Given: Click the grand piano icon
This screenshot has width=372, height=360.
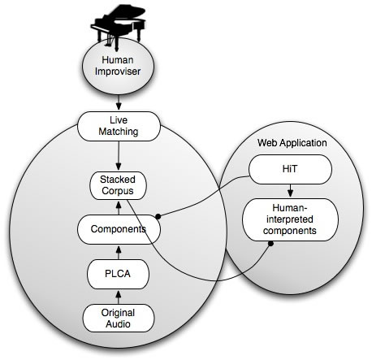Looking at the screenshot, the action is pos(119,27).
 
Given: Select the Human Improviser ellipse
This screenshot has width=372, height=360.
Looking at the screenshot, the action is pos(118,66).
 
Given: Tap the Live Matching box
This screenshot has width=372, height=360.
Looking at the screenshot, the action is pos(119,126).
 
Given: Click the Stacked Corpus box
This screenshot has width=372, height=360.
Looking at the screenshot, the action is pos(118,185).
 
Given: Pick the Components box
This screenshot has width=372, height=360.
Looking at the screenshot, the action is pos(119,229).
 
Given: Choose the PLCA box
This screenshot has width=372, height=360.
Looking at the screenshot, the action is pos(118,274).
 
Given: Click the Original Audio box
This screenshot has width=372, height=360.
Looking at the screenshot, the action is pos(119,319).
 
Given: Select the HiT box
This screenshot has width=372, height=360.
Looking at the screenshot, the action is pos(290,170).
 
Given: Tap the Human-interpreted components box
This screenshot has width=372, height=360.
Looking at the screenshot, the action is pos(290,219).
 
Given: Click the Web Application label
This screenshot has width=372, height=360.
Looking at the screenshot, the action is pos(292,143).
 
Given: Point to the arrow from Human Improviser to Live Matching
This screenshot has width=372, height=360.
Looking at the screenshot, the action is pos(119,102).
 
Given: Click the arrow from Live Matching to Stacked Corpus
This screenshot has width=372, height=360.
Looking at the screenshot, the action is pos(119,156).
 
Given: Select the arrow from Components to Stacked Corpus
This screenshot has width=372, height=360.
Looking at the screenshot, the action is pos(119,207).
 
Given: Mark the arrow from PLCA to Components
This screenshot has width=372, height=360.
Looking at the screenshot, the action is pos(119,252).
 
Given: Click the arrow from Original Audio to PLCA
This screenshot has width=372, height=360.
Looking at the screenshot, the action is pos(119,297).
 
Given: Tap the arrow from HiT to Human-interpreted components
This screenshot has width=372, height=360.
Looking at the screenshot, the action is pos(290,191).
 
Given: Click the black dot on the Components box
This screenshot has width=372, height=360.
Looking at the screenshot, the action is pos(158,216).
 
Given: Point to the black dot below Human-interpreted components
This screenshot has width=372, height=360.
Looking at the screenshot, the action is pos(270,244).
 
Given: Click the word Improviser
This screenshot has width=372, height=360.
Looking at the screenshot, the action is pos(118,72).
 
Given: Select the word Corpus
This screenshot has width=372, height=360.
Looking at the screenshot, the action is pos(118,191).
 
